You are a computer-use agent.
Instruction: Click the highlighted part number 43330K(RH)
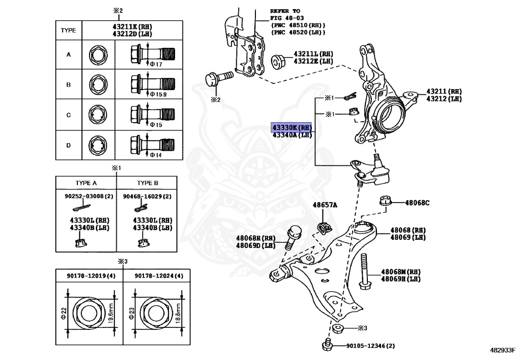(x=291, y=127)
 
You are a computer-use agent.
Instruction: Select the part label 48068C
(x=417, y=203)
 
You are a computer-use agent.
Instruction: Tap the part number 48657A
(x=325, y=205)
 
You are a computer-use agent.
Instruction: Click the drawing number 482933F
(x=503, y=350)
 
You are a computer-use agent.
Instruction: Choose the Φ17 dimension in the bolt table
(x=155, y=64)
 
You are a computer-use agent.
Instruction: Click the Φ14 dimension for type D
(x=155, y=155)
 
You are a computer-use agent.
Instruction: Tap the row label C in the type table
(x=68, y=115)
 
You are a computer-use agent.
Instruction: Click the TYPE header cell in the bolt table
(x=68, y=30)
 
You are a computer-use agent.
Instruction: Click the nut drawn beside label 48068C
(x=386, y=201)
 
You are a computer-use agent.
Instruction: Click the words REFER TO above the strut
(x=285, y=11)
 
